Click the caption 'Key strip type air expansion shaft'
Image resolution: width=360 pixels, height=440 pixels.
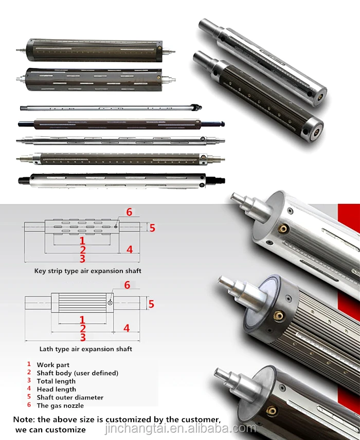87,270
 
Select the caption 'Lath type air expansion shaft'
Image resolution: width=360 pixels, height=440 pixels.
86,349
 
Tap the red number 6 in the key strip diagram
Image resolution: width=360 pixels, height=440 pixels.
129,212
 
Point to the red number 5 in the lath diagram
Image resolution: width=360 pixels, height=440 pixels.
151,304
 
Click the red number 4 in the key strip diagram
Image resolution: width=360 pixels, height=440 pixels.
130,249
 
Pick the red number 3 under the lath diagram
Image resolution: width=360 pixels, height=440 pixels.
82,337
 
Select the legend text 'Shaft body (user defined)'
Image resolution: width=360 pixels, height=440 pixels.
77,373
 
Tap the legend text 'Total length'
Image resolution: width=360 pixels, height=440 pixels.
56,381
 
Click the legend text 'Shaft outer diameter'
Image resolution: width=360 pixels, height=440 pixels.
70,398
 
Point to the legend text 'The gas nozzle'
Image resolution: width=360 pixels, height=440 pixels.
60,406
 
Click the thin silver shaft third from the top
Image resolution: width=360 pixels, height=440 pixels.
111,108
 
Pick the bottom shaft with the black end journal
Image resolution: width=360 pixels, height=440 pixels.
121,180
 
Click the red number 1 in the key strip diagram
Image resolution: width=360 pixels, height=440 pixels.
82,241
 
